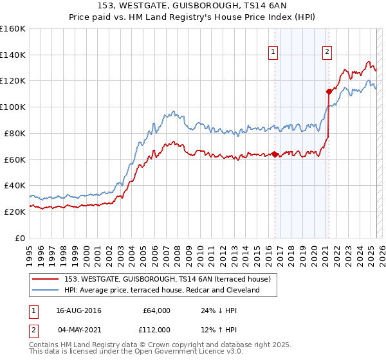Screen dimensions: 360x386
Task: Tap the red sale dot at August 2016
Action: [x=275, y=154]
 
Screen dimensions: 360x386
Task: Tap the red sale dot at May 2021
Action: [x=329, y=91]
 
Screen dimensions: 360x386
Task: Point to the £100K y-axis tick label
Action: [x=13, y=107]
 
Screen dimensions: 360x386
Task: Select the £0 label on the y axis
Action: [x=21, y=238]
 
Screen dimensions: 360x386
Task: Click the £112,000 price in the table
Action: [x=156, y=330]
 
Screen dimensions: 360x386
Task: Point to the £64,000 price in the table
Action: [x=156, y=310]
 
